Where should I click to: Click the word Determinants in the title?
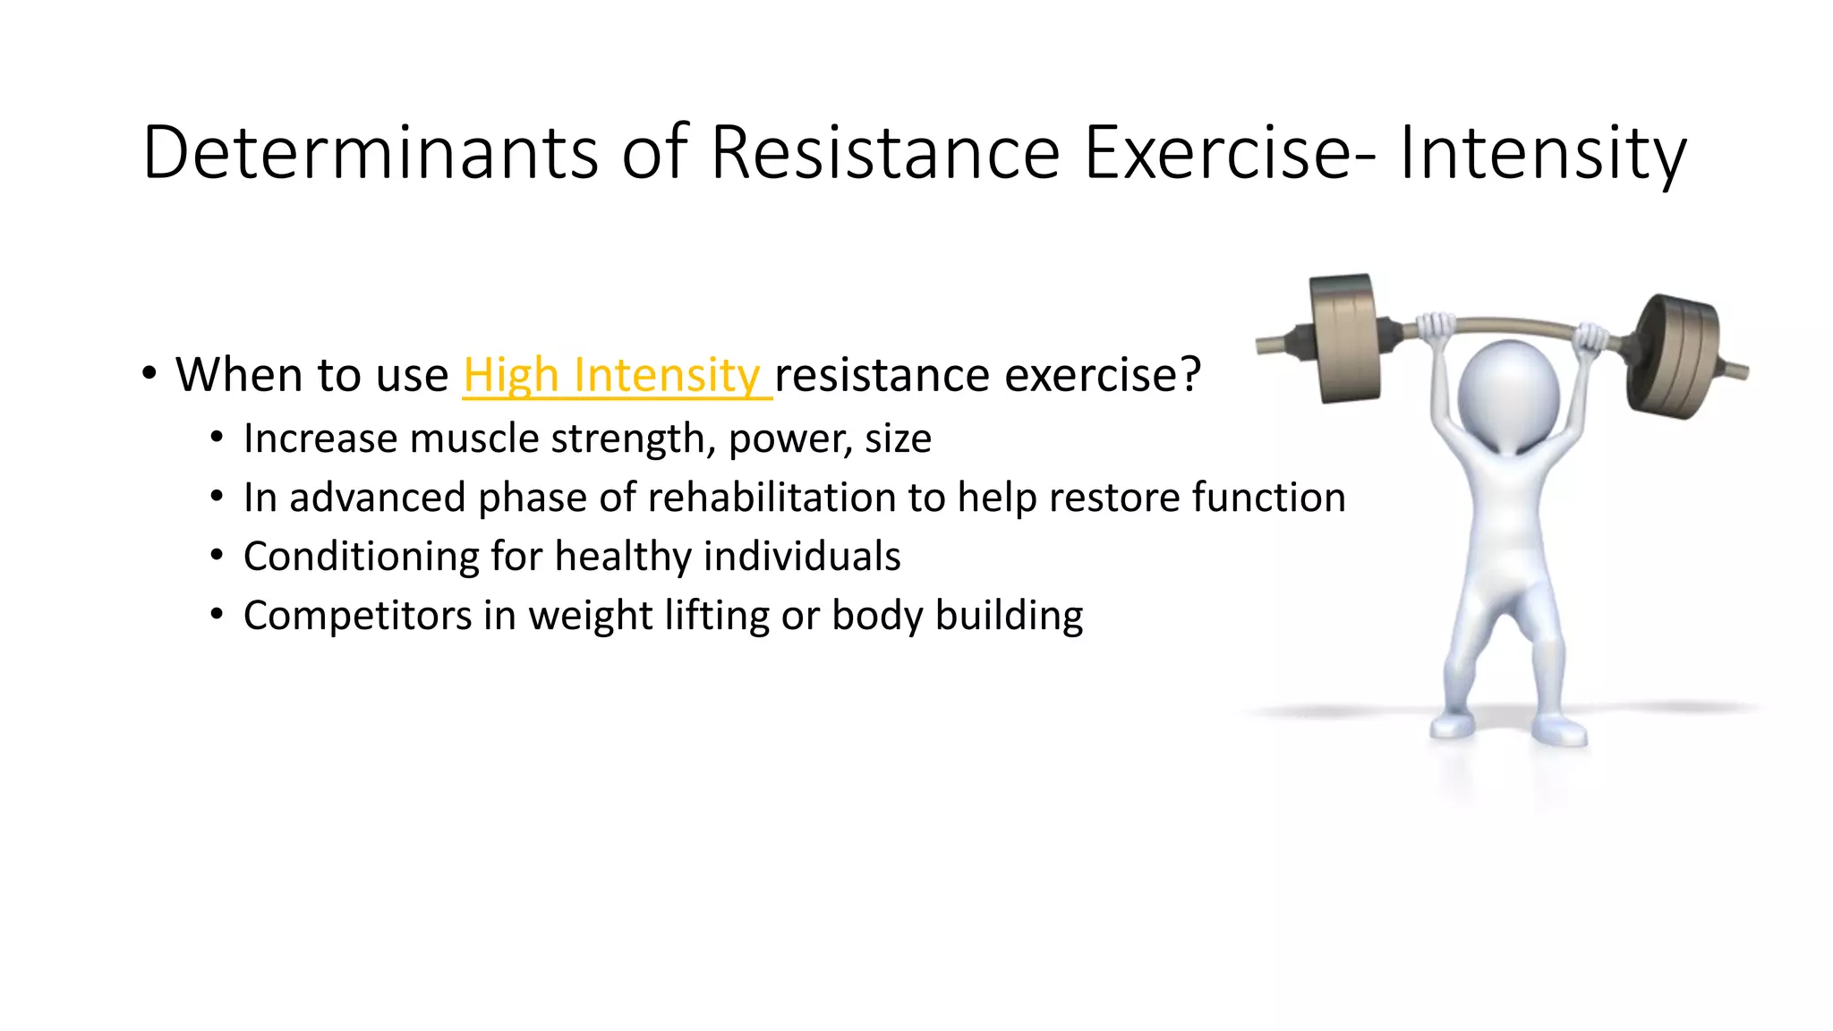coord(371,152)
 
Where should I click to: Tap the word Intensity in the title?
coord(1542,154)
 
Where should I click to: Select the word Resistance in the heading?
coord(885,152)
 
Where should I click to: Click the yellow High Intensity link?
coord(616,374)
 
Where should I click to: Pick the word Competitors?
coord(357,616)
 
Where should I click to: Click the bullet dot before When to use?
coord(149,374)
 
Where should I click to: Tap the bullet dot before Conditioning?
coord(217,557)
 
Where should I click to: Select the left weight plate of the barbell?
coord(1343,338)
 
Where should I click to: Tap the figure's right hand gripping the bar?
coord(1590,338)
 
